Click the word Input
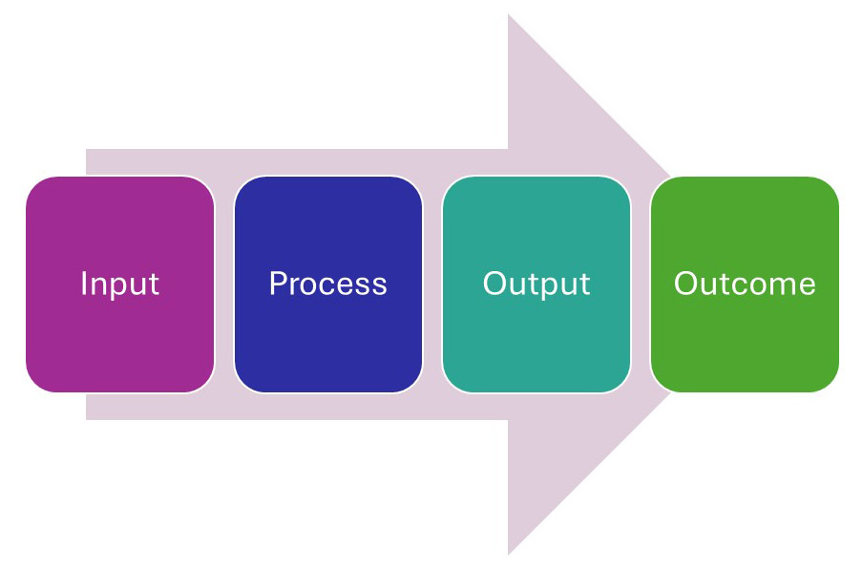click(119, 284)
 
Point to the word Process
click(327, 284)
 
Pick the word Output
click(536, 284)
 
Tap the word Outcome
click(745, 284)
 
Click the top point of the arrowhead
click(509, 17)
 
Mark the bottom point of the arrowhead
click(509, 553)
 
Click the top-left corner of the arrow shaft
click(88, 151)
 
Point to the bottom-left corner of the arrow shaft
click(88, 418)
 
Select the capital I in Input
click(84, 284)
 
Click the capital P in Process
click(277, 284)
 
